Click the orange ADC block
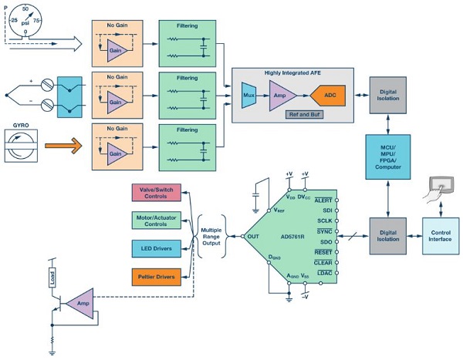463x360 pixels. coord(328,96)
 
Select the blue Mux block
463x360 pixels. coord(248,96)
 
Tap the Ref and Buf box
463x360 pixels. coord(305,115)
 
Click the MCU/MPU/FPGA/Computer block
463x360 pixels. coord(388,157)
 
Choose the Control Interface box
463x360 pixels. coord(441,236)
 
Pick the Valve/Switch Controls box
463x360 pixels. coord(156,193)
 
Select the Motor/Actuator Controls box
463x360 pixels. coord(156,220)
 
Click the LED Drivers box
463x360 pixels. coord(156,248)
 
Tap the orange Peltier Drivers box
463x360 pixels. coord(156,277)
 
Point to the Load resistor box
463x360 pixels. coord(52,278)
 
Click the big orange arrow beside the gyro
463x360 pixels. coord(63,146)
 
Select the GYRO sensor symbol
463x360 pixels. coord(21,146)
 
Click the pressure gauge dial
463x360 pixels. coord(25,20)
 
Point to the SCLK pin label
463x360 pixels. coord(325,220)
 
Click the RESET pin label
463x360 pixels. coord(323,252)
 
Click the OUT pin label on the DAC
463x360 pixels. coord(253,237)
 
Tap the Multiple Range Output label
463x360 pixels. coord(211,237)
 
